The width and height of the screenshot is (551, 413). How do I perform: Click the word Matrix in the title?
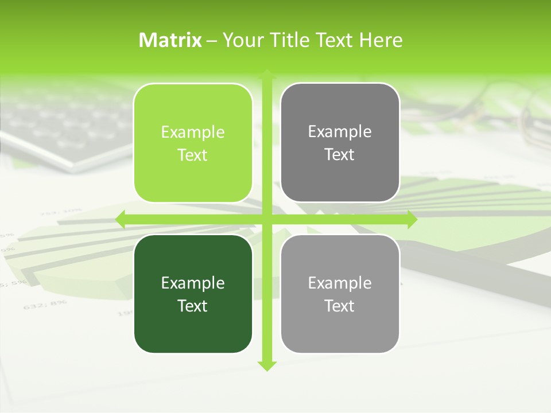pyautogui.click(x=170, y=40)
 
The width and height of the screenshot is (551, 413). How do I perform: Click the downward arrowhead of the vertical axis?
pyautogui.click(x=267, y=366)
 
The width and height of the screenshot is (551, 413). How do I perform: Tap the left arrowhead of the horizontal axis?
pyautogui.click(x=120, y=219)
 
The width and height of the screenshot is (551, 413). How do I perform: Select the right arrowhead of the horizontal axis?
pyautogui.click(x=412, y=219)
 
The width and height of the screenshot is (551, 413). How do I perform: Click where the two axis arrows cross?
pyautogui.click(x=267, y=219)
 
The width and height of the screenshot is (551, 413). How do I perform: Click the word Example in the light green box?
pyautogui.click(x=193, y=133)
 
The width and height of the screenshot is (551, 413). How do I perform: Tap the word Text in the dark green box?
pyautogui.click(x=193, y=306)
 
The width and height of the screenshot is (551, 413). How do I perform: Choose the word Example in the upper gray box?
pyautogui.click(x=340, y=132)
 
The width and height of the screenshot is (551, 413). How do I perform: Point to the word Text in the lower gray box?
pyautogui.click(x=340, y=306)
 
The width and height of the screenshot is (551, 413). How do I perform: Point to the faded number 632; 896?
pyautogui.click(x=45, y=305)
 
